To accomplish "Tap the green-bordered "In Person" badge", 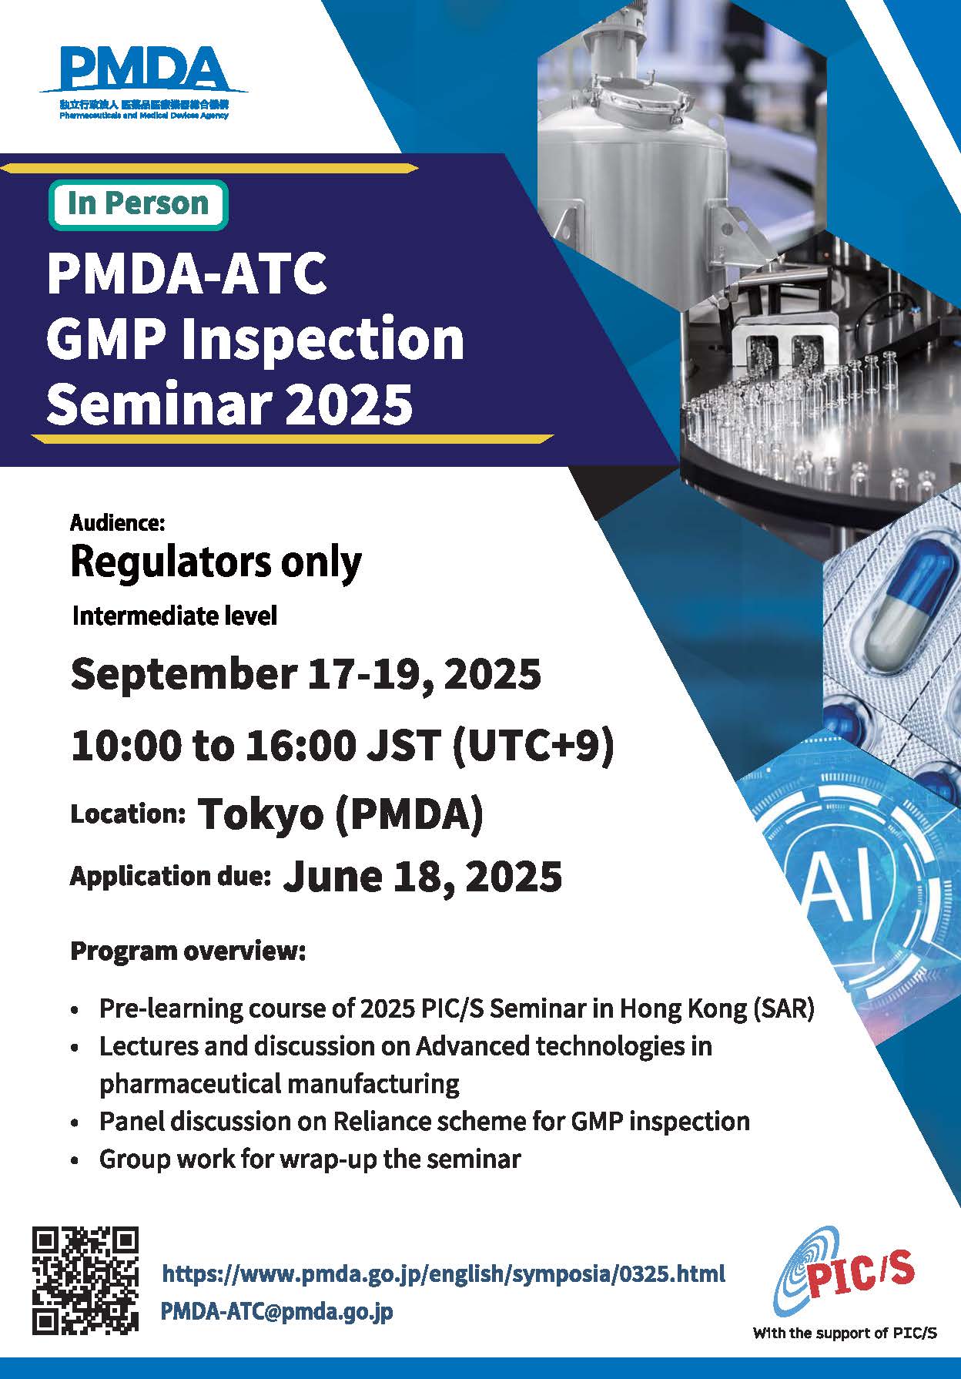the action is pos(139,204).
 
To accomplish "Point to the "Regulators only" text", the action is pos(216,563).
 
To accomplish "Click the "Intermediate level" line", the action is pos(174,616).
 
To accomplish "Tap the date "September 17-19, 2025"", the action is pos(306,674).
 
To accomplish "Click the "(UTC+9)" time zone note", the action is pos(534,745).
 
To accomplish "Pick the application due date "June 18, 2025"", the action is pos(423,876).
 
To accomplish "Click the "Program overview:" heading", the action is pos(188,951).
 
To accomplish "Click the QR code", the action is pos(85,1280).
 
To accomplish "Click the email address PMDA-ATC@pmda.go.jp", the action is pos(277,1310).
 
